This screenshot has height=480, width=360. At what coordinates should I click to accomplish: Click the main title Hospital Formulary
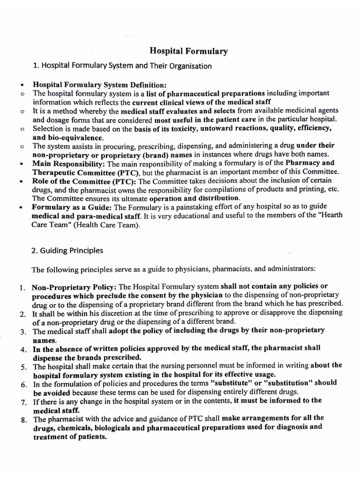click(188, 51)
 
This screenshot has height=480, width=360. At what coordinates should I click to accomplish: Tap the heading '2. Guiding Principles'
click(67, 250)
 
